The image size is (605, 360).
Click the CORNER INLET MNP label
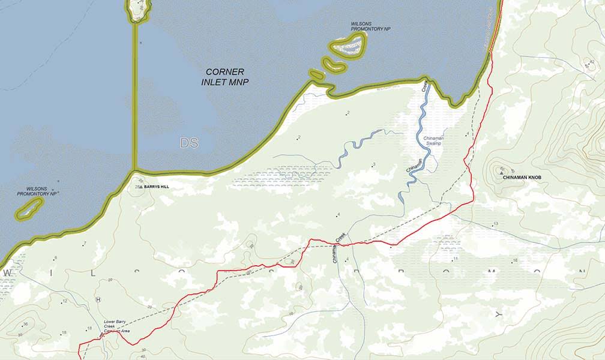tap(224, 76)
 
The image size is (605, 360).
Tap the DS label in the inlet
tap(188, 143)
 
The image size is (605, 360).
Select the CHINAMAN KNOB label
tap(522, 178)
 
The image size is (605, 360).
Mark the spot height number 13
tap(495, 224)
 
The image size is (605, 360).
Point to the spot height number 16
tap(514, 260)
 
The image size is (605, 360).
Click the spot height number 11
tap(456, 259)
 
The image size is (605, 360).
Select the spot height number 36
tap(25, 324)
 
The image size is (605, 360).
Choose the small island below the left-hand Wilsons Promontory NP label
tap(29, 208)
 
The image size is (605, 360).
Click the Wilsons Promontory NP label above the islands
tap(370, 26)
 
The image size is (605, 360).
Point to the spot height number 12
tap(64, 301)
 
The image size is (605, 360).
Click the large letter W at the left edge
tap(8, 272)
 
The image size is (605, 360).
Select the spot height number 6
tap(55, 258)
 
